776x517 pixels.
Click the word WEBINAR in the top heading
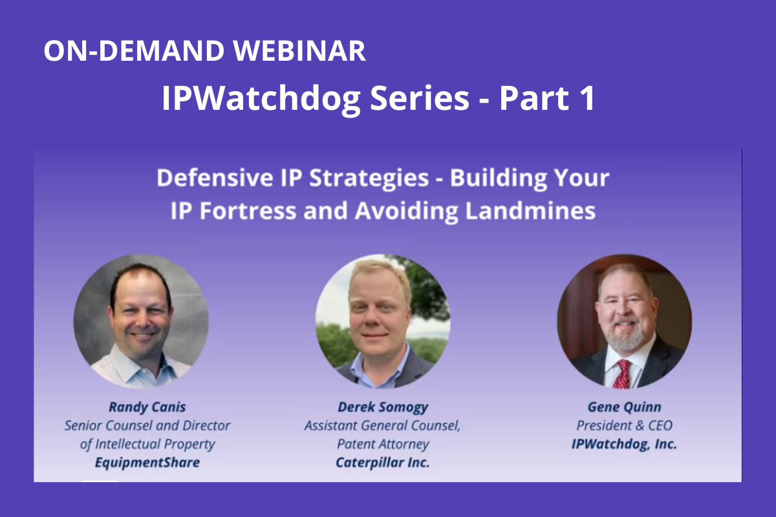299,50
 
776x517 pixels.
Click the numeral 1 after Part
588,98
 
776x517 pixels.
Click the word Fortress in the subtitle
248,211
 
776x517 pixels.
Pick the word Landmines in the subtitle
530,211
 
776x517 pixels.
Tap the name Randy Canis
147,407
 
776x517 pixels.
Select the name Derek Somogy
383,407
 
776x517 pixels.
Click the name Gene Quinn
624,407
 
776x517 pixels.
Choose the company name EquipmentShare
147,463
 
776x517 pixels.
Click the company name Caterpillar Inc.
383,463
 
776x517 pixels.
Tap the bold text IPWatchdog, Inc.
624,444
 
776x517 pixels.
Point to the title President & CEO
624,426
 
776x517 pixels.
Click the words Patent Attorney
383,444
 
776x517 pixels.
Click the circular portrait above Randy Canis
141,321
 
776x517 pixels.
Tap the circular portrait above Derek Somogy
383,321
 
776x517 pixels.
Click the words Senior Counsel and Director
147,426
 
